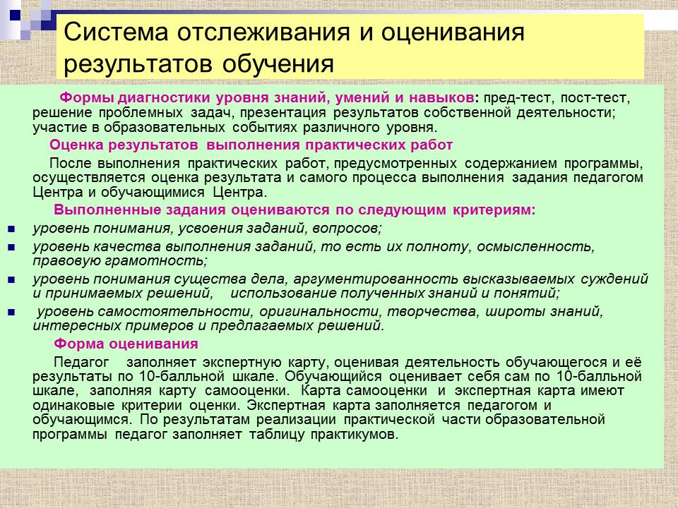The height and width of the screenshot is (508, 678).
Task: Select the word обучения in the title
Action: tap(278, 64)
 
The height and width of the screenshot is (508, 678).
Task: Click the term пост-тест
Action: tap(595, 97)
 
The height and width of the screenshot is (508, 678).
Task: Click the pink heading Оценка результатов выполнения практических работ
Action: tap(251, 145)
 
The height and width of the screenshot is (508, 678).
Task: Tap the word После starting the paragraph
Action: tap(70, 163)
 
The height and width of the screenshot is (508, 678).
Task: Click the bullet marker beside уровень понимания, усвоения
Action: tap(11, 229)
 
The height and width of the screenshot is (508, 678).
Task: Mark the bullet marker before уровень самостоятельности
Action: tap(11, 312)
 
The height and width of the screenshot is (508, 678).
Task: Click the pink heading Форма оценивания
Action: tap(126, 344)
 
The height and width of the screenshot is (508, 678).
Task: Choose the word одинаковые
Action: tap(73, 405)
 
